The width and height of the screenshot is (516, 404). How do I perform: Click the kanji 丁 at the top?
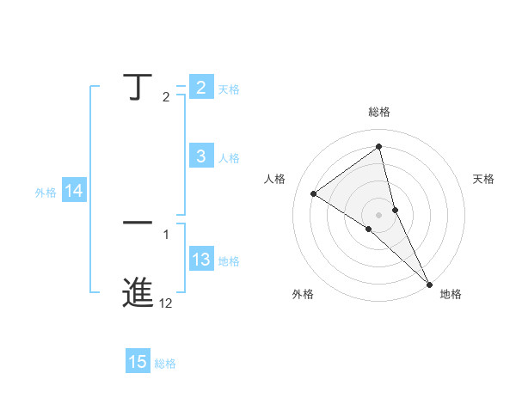coord(138,88)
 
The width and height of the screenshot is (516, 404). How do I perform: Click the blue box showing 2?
coord(200,88)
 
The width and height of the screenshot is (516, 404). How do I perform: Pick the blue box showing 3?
coord(200,156)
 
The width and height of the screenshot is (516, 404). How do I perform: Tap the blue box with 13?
coord(200,260)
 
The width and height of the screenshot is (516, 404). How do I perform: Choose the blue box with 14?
coord(74,192)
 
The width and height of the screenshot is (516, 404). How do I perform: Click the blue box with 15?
coord(138,363)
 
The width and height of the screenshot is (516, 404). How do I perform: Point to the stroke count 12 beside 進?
coord(165,303)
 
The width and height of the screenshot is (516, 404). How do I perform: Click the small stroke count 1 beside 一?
coord(166,234)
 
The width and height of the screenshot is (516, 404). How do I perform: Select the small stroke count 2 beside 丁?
coord(166,97)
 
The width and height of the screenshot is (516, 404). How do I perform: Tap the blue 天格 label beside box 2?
coord(229,89)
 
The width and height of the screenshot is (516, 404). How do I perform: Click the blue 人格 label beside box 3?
coord(229,158)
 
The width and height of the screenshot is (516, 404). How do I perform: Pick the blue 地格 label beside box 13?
coord(229,261)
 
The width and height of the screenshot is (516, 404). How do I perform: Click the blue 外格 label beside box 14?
coord(46,193)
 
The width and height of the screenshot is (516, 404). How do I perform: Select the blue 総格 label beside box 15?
coord(165,364)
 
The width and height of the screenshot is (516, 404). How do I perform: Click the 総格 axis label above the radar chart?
coord(378,112)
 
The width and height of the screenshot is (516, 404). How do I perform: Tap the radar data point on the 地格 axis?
coord(429,284)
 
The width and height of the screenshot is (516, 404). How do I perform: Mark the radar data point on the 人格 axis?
coord(313,193)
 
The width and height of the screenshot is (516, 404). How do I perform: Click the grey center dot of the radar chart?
coord(378,214)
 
